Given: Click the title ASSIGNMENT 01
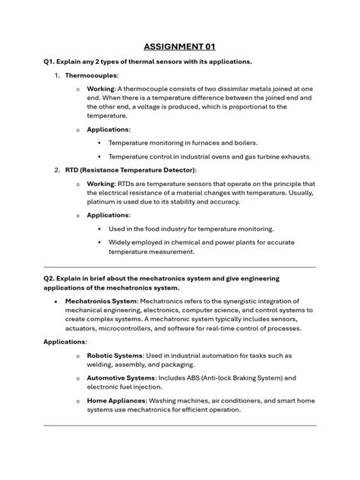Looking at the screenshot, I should [x=180, y=46].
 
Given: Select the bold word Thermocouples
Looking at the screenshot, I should [x=91, y=77].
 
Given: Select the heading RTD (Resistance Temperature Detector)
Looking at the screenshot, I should [x=130, y=170].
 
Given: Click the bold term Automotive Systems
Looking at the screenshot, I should [x=122, y=377].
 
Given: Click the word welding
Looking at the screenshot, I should [x=102, y=365].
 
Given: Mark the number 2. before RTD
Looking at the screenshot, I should [x=58, y=170].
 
